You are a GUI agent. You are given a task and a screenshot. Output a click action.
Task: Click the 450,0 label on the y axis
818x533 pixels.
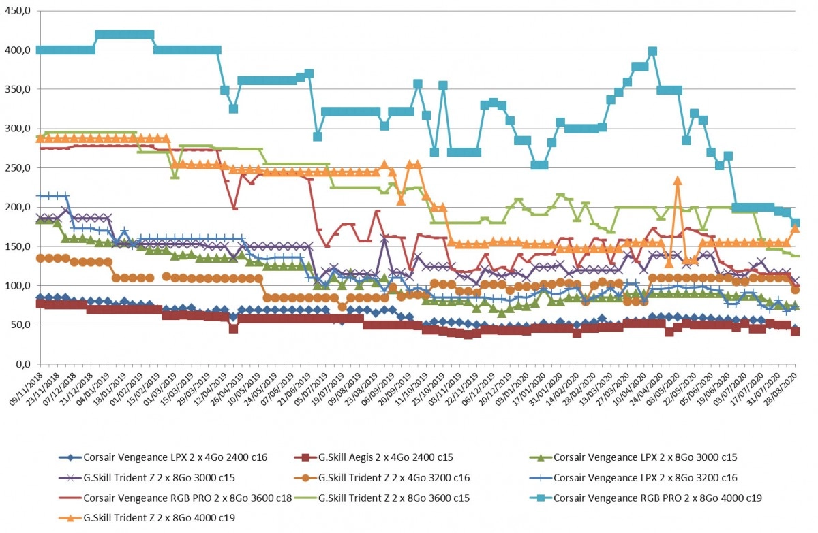point(17,11)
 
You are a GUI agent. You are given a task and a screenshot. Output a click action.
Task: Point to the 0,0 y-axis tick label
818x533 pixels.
point(22,364)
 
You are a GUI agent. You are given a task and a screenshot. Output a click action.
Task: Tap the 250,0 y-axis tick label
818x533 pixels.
point(17,167)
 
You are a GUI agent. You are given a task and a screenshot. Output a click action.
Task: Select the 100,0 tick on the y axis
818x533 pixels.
point(17,285)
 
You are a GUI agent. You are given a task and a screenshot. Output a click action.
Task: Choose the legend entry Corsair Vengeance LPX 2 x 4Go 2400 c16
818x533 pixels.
point(163,457)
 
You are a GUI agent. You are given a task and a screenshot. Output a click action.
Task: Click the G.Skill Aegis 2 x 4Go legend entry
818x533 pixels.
point(374,457)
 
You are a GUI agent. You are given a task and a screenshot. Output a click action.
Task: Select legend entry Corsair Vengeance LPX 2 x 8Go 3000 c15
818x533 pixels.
point(633,457)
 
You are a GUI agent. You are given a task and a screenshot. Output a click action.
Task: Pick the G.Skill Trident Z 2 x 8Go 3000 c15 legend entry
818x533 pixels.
point(147,478)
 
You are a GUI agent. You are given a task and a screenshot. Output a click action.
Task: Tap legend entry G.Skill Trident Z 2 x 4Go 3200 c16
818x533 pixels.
point(382,478)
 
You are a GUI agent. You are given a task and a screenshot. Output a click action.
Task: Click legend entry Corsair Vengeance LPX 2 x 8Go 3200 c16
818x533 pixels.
point(633,478)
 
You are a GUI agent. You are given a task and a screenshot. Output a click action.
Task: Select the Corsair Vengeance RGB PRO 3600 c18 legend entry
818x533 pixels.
point(176,498)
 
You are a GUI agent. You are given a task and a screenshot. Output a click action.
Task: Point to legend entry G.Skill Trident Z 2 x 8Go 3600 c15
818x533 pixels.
point(382,498)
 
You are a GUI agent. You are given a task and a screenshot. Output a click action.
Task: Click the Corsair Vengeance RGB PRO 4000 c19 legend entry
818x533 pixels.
point(646,498)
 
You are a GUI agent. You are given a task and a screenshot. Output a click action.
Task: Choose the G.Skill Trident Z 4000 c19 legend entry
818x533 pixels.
point(147,518)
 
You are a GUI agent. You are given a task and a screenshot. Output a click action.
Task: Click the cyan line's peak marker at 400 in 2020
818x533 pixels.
point(652,51)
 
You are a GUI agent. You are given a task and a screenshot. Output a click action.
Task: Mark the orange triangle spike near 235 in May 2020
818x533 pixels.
point(678,180)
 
